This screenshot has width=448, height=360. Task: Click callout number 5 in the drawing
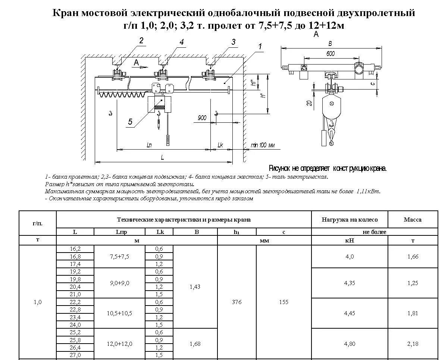[130, 122]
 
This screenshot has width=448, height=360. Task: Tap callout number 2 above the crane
[141, 41]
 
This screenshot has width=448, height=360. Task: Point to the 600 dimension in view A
[330, 54]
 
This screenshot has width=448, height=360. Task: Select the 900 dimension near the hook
[202, 118]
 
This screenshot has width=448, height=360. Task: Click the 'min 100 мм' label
[263, 145]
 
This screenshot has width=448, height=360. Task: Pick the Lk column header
[159, 232]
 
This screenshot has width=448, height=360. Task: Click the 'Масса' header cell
[413, 220]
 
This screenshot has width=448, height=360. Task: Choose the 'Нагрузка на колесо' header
[350, 220]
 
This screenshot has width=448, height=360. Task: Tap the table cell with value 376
[236, 302]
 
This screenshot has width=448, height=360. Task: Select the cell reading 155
[283, 302]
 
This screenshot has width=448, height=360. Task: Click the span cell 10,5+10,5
[119, 313]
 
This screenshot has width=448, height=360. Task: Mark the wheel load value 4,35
[350, 283]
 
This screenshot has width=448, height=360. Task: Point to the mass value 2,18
[413, 343]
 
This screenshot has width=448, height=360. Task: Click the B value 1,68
[195, 343]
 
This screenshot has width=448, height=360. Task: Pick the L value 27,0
[75, 355]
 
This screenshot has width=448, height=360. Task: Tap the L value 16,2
[75, 248]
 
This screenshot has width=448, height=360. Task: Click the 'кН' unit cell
[350, 240]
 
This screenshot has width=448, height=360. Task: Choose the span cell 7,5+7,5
[119, 256]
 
